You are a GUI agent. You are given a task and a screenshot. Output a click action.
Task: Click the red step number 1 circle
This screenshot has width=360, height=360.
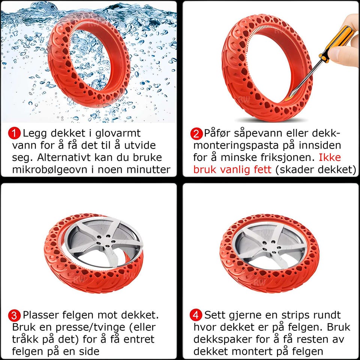pos(14,133)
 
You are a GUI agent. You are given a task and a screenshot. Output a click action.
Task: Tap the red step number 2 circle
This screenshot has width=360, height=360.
pos(196,133)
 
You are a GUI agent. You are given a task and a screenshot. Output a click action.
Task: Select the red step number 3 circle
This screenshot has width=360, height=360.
pos(14,315)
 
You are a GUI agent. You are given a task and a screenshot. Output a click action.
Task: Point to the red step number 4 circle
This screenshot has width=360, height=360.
pos(196,315)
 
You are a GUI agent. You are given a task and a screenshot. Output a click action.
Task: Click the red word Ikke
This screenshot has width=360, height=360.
pos(330,157)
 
